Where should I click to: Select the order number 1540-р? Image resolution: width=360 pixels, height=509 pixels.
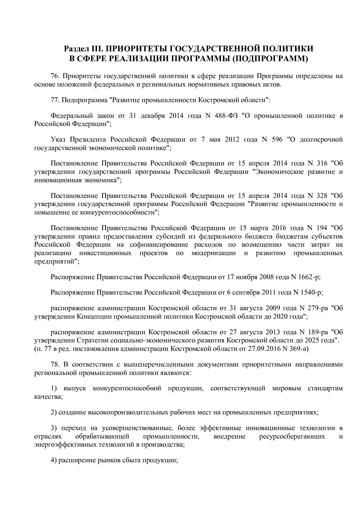coord(311,293)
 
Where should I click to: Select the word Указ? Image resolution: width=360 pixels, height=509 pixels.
coord(58,140)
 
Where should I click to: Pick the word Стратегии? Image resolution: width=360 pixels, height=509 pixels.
coord(91,340)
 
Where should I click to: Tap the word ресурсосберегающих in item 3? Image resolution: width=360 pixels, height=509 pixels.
coord(292,436)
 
